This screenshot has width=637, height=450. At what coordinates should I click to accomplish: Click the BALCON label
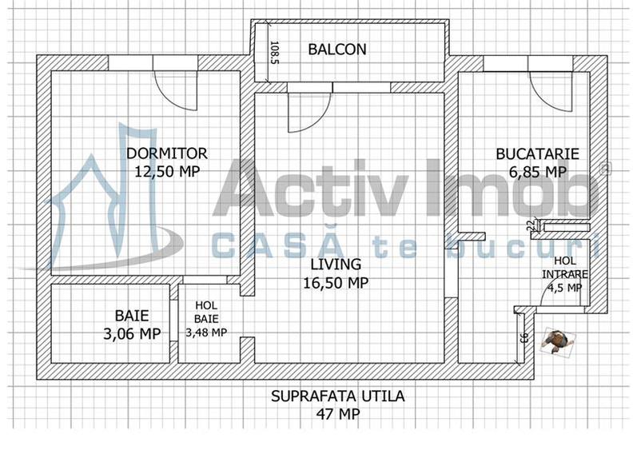[x=337, y=50]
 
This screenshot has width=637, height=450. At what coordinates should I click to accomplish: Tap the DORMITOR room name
[x=167, y=153]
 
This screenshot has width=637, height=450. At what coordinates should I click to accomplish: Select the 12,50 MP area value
[x=167, y=170]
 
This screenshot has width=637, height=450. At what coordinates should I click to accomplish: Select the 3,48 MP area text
[x=206, y=333]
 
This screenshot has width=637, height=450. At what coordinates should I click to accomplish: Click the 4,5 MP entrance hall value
[x=565, y=289]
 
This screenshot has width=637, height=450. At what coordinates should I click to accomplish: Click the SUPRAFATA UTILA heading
[x=337, y=396]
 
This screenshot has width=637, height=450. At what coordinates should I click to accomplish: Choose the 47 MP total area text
[x=337, y=414]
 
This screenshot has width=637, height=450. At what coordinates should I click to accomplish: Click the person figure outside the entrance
[x=555, y=341]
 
